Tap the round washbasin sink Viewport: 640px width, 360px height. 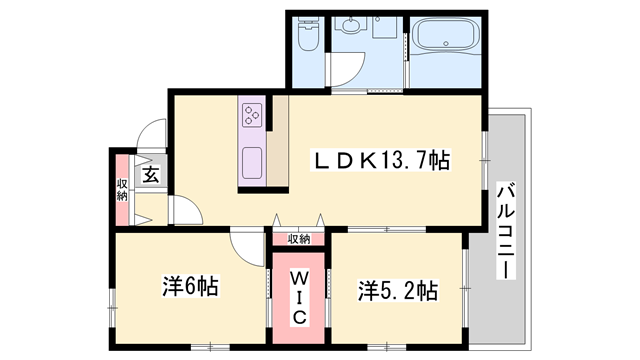pos(351,27)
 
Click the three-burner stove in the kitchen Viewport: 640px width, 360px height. pos(250,115)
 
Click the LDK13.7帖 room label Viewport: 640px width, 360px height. pos(382,160)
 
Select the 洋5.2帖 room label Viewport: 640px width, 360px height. pos(398,291)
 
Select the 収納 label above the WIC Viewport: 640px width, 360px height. pos(299,239)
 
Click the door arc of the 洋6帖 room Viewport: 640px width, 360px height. pos(243,244)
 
